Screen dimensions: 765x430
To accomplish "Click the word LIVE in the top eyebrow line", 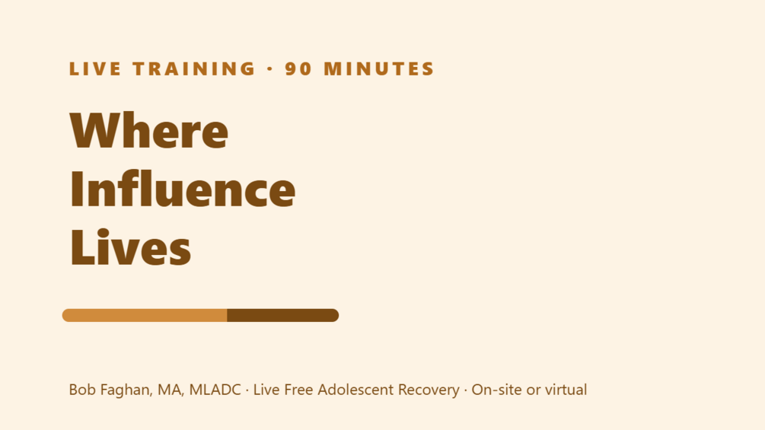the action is [95, 68].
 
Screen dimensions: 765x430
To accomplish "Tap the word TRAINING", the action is [194, 68].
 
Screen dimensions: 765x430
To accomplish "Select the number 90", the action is [298, 68].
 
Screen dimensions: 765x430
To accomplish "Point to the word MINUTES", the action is [379, 68].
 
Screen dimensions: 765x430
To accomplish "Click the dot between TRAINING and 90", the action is [269, 68].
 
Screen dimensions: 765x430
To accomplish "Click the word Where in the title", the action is [149, 130].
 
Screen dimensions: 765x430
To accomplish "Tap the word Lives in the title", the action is [131, 247].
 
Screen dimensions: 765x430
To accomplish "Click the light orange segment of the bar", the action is [145, 315].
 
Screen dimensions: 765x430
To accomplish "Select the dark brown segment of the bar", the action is [283, 315].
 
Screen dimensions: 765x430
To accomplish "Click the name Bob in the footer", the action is [82, 390].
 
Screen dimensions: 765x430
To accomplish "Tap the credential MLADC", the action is [215, 390].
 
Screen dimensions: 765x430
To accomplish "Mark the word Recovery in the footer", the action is [429, 390].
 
